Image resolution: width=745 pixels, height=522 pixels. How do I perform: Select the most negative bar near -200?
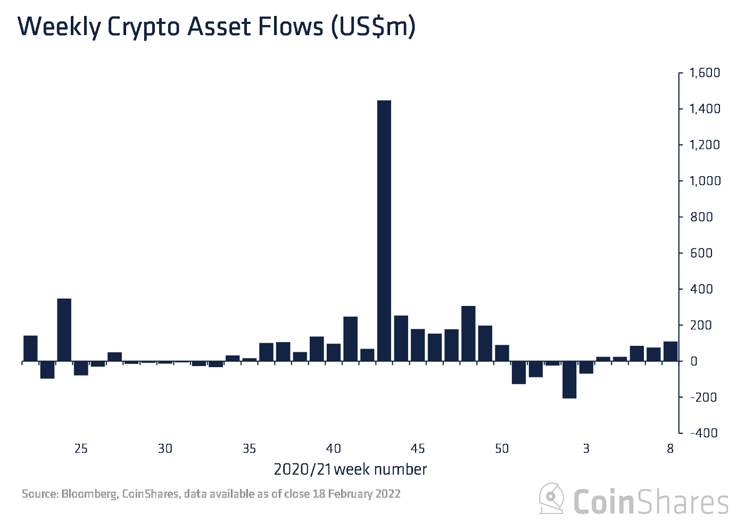click(569, 379)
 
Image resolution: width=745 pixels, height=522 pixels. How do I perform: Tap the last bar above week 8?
click(670, 351)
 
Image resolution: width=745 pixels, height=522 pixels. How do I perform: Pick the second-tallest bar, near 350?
click(64, 330)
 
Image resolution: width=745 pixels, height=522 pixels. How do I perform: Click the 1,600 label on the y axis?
click(705, 72)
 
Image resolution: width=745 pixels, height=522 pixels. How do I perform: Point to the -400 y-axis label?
click(703, 433)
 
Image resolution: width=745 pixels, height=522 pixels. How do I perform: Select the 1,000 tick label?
click(705, 181)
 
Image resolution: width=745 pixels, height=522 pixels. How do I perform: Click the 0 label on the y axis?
click(694, 361)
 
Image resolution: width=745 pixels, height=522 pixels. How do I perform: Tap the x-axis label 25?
click(81, 449)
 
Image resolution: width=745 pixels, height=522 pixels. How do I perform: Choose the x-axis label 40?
click(334, 449)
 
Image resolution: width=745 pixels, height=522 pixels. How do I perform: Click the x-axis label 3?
click(586, 449)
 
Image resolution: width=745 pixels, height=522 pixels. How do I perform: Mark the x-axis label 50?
click(502, 449)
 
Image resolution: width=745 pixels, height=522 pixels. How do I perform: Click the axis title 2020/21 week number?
click(350, 469)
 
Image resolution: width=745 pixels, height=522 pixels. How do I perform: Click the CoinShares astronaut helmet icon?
click(552, 499)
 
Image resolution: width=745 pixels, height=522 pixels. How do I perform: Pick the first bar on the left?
click(30, 349)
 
